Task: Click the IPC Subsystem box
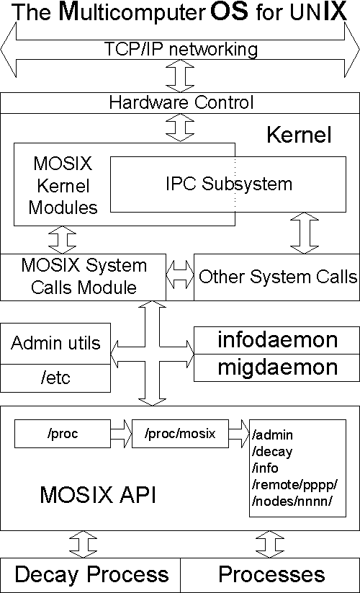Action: (227, 184)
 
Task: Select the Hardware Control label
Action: (181, 103)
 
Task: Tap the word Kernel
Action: (299, 135)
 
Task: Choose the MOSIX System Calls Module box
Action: (84, 277)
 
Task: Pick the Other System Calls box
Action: (277, 277)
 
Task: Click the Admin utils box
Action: (55, 344)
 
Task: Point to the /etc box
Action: (55, 376)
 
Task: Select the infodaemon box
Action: (277, 340)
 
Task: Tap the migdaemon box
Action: (277, 367)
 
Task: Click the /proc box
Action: (62, 434)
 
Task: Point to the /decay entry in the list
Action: (271, 451)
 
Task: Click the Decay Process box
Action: (91, 575)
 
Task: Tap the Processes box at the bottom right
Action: (271, 575)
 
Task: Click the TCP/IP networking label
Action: (181, 50)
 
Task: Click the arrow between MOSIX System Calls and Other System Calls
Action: (180, 275)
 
